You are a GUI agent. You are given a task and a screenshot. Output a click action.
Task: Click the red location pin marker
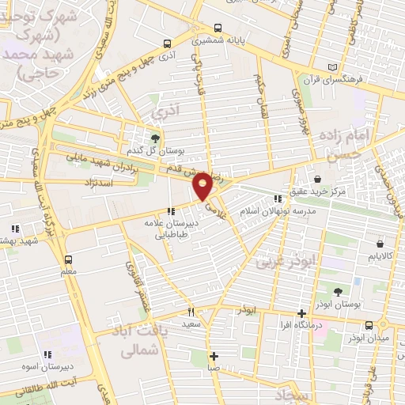203,184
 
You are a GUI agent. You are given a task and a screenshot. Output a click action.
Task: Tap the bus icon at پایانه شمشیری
167,44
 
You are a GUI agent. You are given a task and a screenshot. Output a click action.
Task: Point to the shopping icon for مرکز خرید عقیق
316,180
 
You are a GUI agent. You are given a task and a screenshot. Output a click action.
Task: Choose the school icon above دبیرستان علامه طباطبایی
171,211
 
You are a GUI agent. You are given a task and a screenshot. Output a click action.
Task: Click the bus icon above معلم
68,259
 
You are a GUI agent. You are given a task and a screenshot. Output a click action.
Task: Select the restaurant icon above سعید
191,312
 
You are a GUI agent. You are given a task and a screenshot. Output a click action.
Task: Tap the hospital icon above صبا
212,355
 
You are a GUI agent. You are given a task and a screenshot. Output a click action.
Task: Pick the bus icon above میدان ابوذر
369,325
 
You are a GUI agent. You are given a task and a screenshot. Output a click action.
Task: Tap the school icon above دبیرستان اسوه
47,354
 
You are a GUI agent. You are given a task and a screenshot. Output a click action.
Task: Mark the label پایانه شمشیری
218,38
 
